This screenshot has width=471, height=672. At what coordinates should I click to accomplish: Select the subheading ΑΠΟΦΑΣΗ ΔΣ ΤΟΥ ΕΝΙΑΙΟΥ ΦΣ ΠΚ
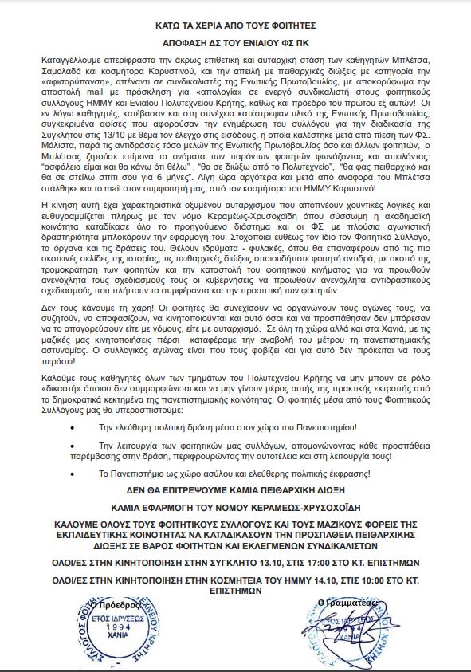[x=235, y=47]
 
